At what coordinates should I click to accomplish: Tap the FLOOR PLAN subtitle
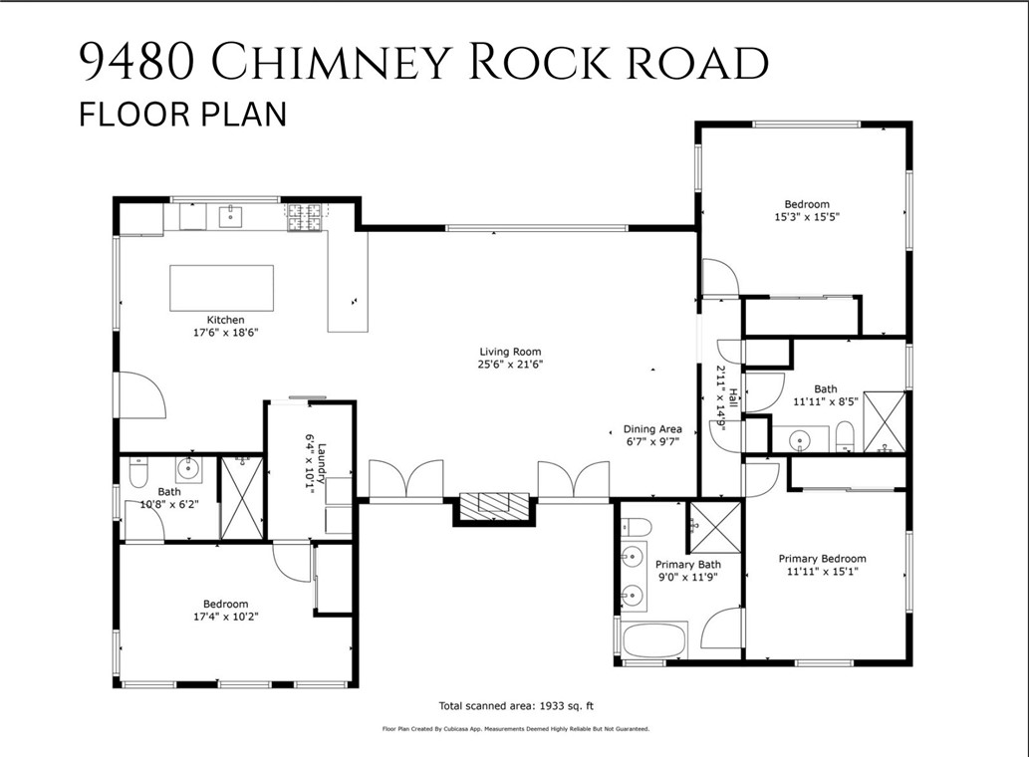[182, 114]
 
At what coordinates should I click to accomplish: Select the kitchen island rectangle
[221, 288]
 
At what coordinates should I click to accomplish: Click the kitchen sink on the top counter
[231, 214]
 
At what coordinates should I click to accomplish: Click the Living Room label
[510, 352]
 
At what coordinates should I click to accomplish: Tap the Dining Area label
[652, 429]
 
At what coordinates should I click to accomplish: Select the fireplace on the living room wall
[494, 505]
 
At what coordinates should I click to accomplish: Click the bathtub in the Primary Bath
[654, 639]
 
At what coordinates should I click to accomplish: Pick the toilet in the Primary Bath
[637, 528]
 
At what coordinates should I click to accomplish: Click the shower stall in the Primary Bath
[715, 526]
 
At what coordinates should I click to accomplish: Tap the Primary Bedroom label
[822, 559]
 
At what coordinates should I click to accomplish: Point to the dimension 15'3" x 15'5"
[806, 216]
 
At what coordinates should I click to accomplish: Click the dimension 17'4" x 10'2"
[225, 617]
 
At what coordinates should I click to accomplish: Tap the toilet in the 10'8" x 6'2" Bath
[138, 472]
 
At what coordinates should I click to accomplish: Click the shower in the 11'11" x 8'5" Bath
[883, 422]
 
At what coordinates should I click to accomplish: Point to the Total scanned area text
[515, 706]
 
